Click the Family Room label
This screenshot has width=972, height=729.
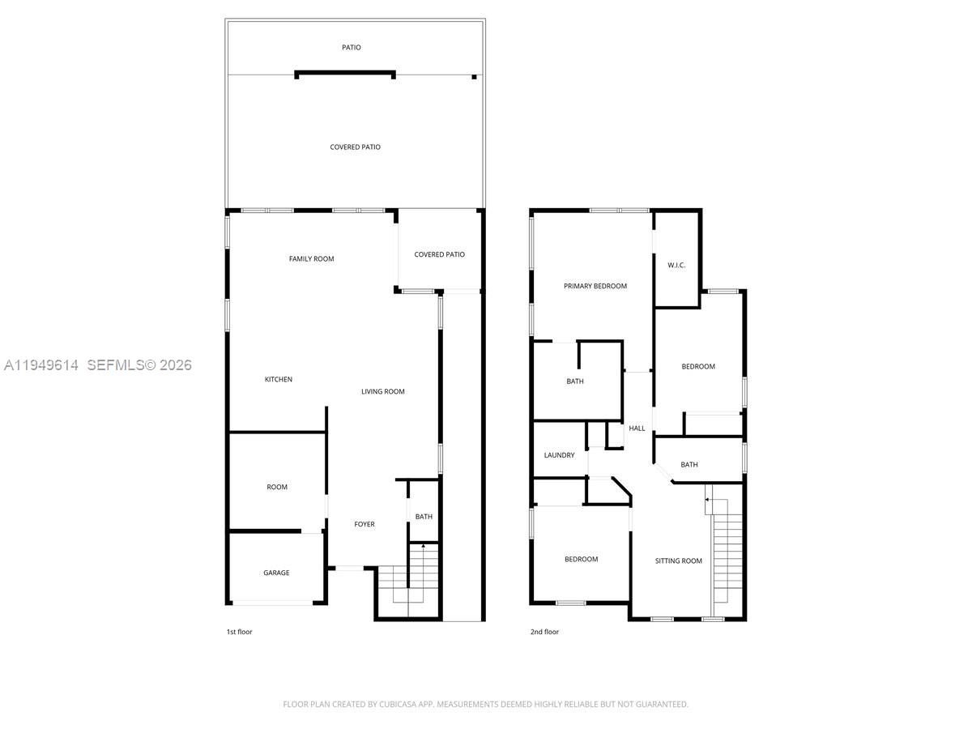coord(312,259)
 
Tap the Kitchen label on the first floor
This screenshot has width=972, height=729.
coord(279,380)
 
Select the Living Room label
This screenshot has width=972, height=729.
coord(383,392)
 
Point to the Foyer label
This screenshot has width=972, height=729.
coord(364,525)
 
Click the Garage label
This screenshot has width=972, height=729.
coord(276,573)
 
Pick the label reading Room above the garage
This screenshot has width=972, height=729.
coord(277,488)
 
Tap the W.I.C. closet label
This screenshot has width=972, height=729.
coord(677,266)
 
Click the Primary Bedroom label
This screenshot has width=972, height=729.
coord(595,286)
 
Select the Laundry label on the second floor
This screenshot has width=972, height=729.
coord(560,455)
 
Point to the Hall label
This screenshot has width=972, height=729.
coord(637,428)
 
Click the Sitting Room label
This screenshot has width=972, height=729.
coord(679,561)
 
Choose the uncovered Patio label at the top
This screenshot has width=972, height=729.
coord(352,48)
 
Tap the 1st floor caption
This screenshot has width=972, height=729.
coord(239,632)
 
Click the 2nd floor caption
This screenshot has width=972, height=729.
coord(545,632)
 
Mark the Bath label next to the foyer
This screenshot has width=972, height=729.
coord(424,517)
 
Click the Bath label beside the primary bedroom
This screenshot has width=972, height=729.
coord(575,382)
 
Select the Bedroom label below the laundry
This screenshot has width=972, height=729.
coord(581,560)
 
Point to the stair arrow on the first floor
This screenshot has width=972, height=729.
coord(423,548)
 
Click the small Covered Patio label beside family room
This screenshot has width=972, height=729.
coord(440,255)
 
